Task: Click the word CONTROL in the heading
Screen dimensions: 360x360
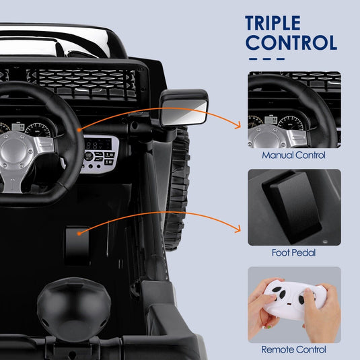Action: pos(291,42)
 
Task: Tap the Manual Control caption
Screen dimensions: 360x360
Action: pos(294,155)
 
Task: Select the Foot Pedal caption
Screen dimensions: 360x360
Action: pos(294,253)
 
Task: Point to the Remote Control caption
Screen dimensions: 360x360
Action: pos(294,350)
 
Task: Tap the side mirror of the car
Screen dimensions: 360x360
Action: pos(184,108)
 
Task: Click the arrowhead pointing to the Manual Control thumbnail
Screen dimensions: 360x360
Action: pos(238,124)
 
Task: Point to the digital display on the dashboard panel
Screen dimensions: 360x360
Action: pos(99,144)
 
